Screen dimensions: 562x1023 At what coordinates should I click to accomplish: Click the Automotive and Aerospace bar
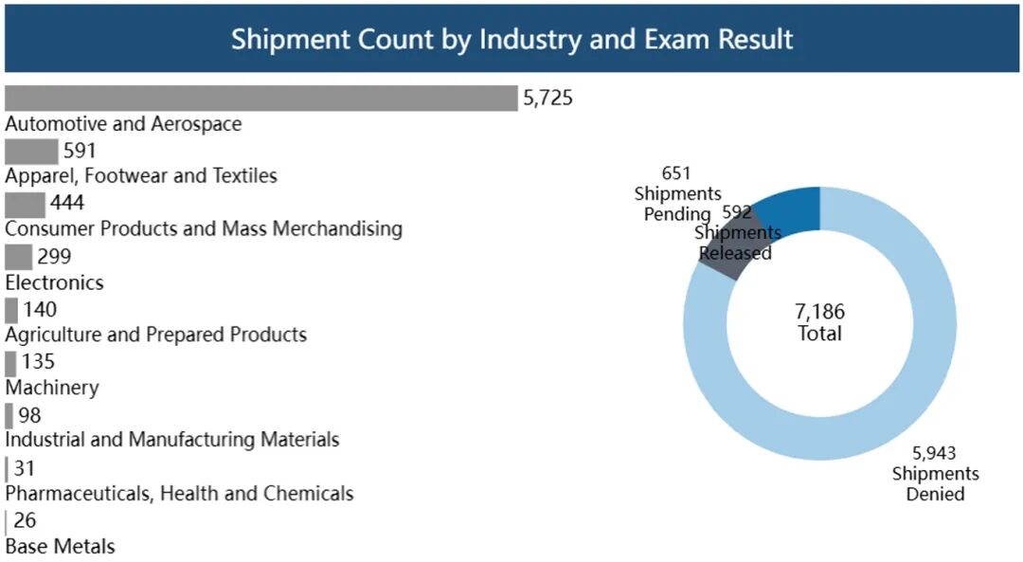tap(260, 99)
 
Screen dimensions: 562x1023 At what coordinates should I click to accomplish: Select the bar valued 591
tap(31, 152)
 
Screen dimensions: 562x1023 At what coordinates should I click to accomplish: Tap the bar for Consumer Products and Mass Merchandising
tap(25, 205)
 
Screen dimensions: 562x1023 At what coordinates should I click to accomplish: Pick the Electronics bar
tap(18, 257)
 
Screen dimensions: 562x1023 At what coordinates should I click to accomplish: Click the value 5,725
tap(547, 99)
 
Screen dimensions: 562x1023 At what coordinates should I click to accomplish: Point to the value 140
tap(40, 310)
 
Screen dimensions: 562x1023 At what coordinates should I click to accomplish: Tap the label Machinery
tap(52, 388)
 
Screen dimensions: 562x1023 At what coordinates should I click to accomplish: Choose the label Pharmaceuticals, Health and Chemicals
tap(179, 494)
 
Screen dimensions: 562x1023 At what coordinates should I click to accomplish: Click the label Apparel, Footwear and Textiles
tap(141, 176)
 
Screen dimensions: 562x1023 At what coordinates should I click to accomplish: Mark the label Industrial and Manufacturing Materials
tap(172, 440)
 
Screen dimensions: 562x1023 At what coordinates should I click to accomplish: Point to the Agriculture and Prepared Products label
tap(156, 335)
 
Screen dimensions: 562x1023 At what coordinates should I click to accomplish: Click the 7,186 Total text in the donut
tap(819, 322)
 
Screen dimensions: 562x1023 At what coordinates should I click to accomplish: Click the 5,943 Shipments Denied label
tap(935, 474)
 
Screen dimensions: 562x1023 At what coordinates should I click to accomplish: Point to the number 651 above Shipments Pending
tap(676, 173)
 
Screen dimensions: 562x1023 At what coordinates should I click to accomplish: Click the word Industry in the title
tap(523, 40)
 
